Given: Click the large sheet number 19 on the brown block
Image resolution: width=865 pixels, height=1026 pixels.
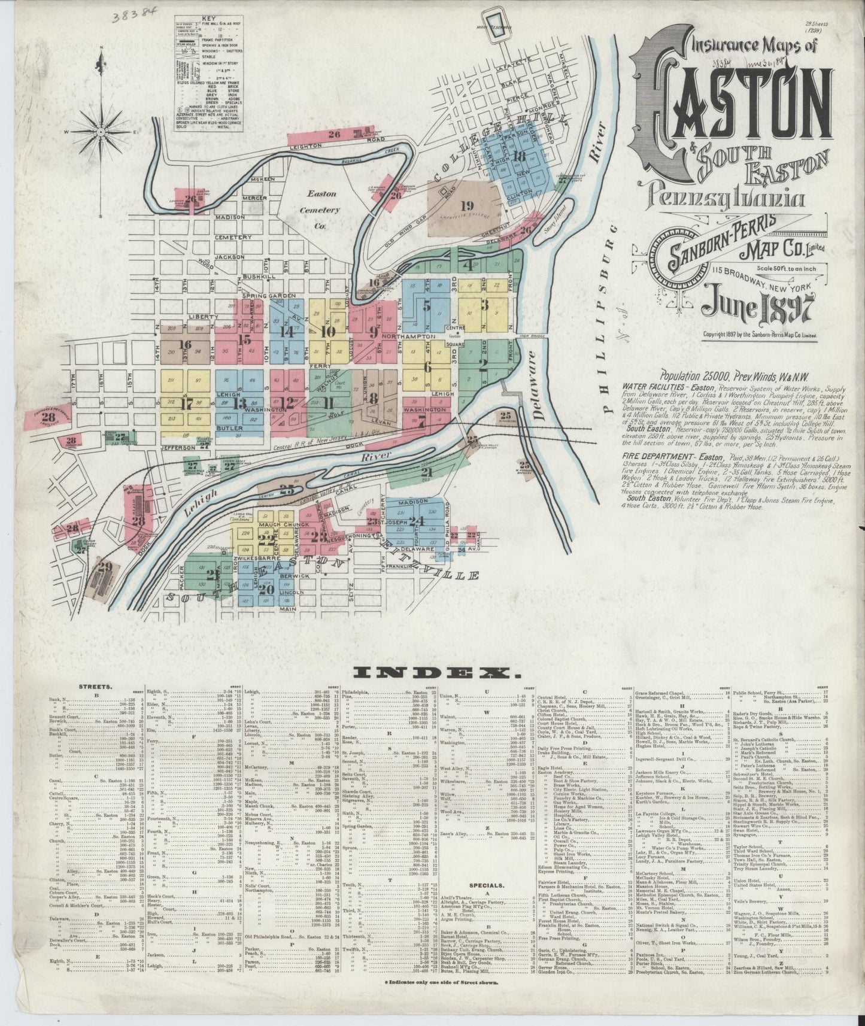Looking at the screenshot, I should [468, 205].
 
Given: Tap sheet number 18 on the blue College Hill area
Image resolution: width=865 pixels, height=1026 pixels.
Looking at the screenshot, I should [519, 157].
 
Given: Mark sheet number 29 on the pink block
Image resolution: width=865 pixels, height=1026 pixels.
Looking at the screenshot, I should [105, 567].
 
